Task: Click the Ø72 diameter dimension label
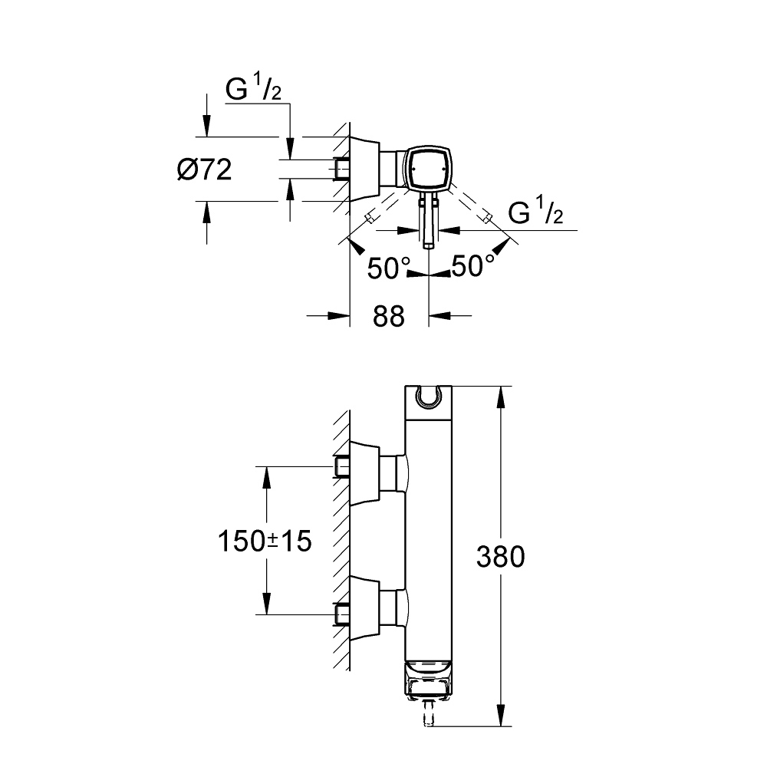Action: pos(204,170)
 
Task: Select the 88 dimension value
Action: pos(388,315)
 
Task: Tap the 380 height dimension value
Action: pos(500,556)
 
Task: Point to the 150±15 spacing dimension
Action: pos(264,542)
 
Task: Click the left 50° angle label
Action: pos(390,268)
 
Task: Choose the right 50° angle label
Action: pos(472,267)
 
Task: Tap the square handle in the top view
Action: pos(428,170)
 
